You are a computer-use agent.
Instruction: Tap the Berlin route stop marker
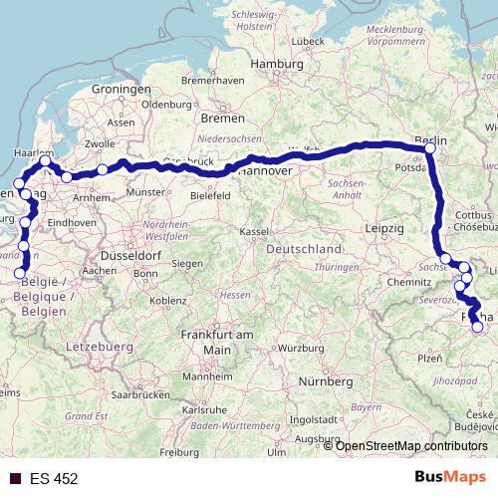click(429, 148)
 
